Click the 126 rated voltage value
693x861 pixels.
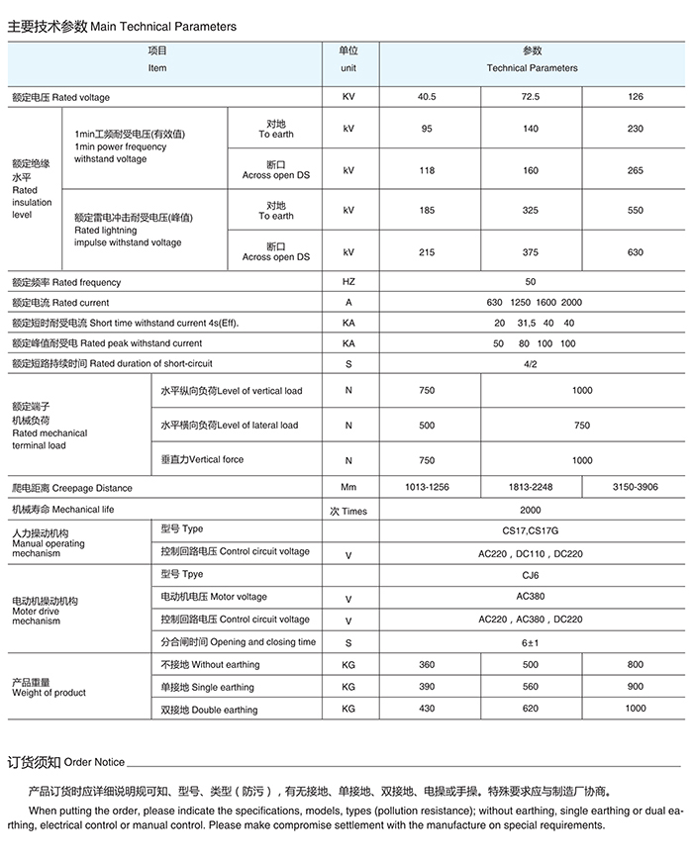click(635, 97)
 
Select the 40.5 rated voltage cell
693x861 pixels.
click(427, 97)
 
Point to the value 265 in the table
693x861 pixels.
click(635, 170)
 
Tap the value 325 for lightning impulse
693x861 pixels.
click(531, 210)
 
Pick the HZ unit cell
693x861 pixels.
click(348, 282)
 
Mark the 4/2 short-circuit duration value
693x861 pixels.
click(531, 364)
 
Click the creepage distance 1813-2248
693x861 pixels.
click(531, 488)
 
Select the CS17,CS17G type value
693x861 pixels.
click(531, 530)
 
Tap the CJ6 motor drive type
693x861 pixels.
click(531, 575)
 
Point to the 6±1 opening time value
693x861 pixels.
click(531, 643)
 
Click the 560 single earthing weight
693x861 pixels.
click(531, 687)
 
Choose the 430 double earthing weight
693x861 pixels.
click(427, 709)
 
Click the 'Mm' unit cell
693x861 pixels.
click(348, 488)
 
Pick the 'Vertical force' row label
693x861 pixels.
click(202, 459)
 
